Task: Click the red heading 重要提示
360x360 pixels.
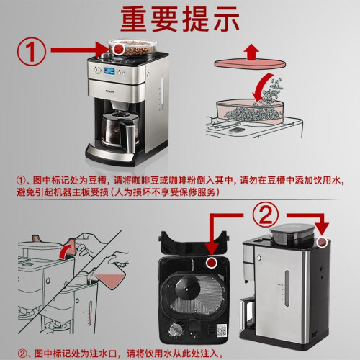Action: point(180,19)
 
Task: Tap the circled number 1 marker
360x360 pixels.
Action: point(31,52)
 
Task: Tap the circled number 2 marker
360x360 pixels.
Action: point(266,215)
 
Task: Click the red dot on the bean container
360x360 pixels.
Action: point(118,49)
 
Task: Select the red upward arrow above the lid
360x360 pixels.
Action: point(251,51)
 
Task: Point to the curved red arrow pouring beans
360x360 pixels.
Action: point(261,88)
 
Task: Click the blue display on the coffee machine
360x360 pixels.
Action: point(109,71)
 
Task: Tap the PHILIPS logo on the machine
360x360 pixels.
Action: point(110,91)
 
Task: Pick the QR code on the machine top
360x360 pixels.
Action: point(222,330)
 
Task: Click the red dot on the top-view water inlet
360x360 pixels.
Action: point(212,263)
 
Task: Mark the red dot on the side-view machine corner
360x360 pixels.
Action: point(322,242)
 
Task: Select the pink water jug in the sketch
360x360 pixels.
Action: point(109,279)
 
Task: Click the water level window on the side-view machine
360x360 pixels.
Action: point(287,288)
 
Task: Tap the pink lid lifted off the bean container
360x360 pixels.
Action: point(250,63)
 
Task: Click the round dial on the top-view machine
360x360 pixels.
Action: point(176,330)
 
